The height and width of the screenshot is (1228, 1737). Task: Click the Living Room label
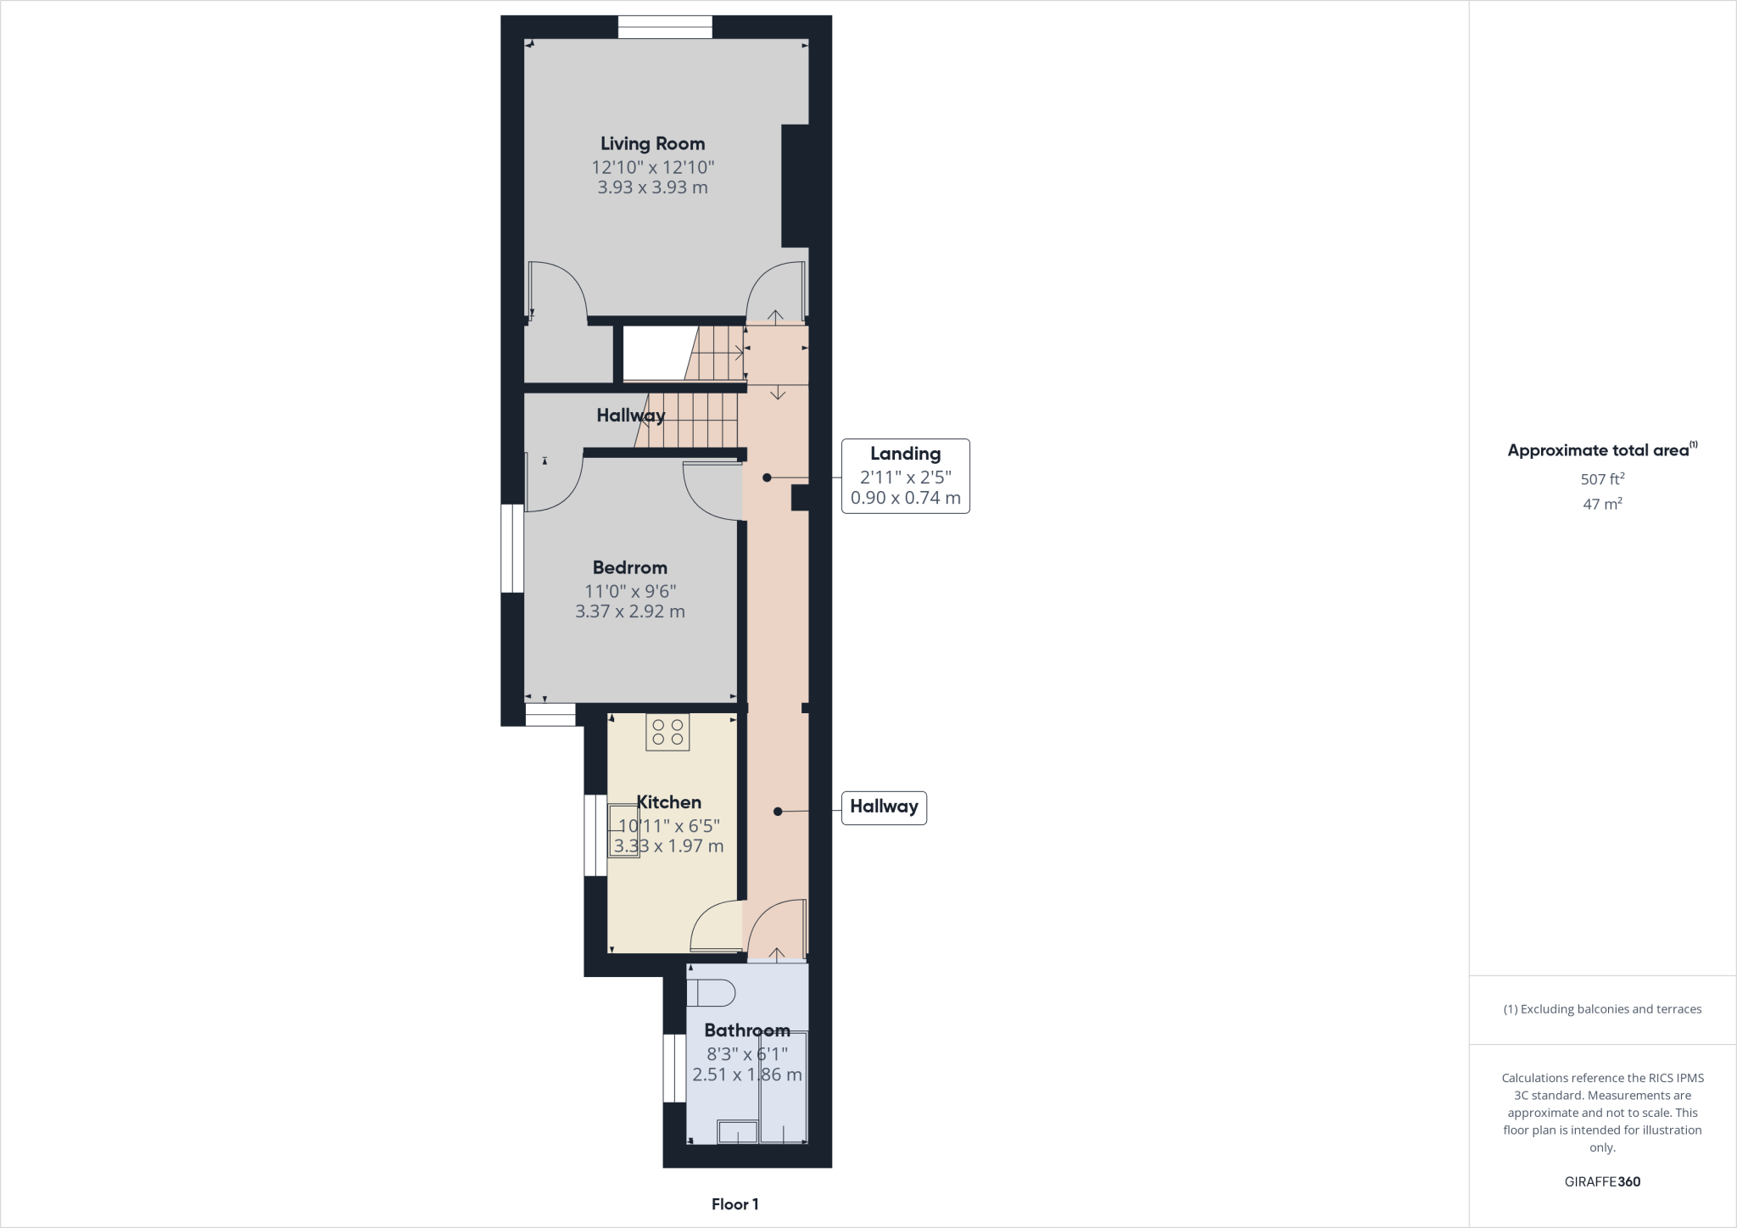click(x=652, y=144)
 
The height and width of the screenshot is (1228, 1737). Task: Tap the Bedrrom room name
click(x=629, y=568)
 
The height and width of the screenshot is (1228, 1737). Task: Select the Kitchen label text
click(x=669, y=802)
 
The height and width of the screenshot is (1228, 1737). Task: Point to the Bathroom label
click(x=747, y=1030)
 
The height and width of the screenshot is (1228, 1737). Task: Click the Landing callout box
click(x=905, y=476)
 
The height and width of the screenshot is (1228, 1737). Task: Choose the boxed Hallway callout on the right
click(x=884, y=807)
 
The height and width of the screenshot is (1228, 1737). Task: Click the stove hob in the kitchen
click(x=667, y=732)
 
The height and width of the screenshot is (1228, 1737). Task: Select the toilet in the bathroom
click(x=710, y=992)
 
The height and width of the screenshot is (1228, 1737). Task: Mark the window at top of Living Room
click(x=665, y=27)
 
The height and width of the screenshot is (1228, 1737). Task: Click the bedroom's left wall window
click(x=511, y=549)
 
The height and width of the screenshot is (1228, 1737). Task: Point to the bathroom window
click(x=674, y=1068)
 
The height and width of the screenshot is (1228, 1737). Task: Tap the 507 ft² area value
click(x=1602, y=479)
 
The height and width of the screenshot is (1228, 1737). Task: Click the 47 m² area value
click(x=1602, y=505)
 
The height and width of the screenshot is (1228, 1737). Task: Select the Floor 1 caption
click(x=734, y=1204)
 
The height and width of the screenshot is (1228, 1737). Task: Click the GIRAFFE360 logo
click(x=1602, y=1181)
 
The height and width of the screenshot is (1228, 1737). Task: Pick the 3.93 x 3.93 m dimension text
click(x=652, y=187)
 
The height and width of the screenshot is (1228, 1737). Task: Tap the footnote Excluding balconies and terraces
click(x=1602, y=1009)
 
